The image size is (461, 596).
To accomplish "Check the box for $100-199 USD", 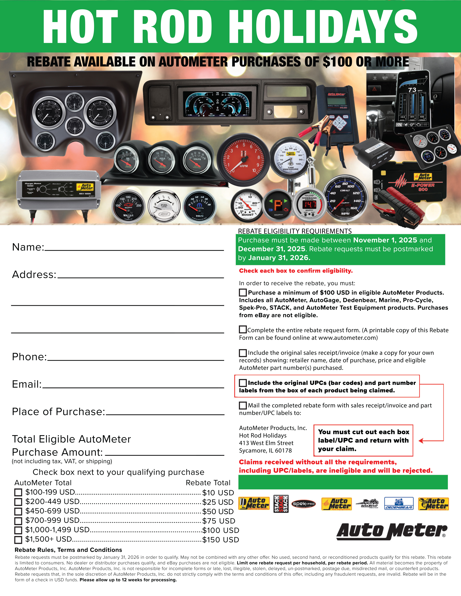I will click(x=18, y=492).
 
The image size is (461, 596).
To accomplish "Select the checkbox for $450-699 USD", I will click(x=18, y=511).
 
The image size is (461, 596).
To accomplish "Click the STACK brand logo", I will click(x=281, y=504).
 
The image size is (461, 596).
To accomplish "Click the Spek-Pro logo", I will click(x=303, y=504).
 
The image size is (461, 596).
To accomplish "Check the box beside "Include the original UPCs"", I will click(x=243, y=383).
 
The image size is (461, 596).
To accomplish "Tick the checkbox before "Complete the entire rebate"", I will click(x=243, y=330).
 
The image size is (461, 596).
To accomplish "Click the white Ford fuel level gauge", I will click(x=164, y=206).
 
